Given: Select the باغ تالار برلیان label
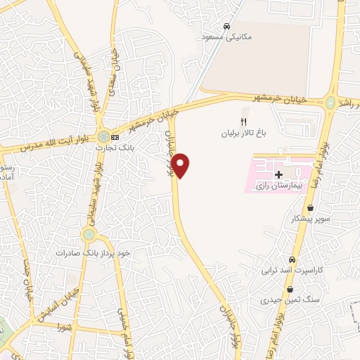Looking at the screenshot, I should [x=243, y=132].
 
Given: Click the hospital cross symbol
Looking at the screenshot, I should [x=278, y=173].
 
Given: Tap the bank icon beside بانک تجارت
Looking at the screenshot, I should [x=115, y=136].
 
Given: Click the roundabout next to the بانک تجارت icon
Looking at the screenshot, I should [x=103, y=136].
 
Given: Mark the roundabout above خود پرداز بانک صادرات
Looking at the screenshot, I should [x=89, y=235].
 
